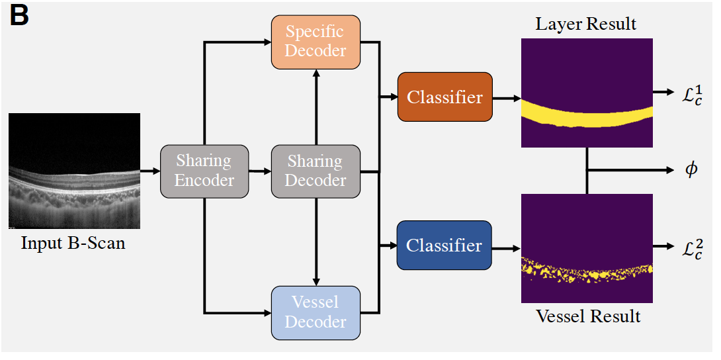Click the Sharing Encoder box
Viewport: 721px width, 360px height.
click(204, 171)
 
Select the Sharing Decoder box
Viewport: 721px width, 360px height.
click(316, 171)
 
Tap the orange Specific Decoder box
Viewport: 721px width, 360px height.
click(316, 42)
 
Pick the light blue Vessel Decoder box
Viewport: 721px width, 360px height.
click(316, 312)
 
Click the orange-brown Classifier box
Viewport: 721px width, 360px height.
click(445, 97)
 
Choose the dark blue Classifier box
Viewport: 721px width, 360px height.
click(445, 245)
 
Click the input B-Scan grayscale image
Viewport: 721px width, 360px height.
click(74, 171)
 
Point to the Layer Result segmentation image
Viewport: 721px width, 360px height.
click(587, 93)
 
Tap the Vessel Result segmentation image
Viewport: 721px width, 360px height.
click(587, 248)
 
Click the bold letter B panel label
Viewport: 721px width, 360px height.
click(19, 16)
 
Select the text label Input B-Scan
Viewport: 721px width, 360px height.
click(73, 242)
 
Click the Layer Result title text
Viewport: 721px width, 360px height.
click(586, 24)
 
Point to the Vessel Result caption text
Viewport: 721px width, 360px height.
click(588, 316)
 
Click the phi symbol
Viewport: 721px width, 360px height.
click(691, 170)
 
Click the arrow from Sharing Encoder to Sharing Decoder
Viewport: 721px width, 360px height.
click(260, 171)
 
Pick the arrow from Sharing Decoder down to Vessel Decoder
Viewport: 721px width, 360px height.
click(316, 242)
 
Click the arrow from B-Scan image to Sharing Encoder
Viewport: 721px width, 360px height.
click(150, 171)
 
